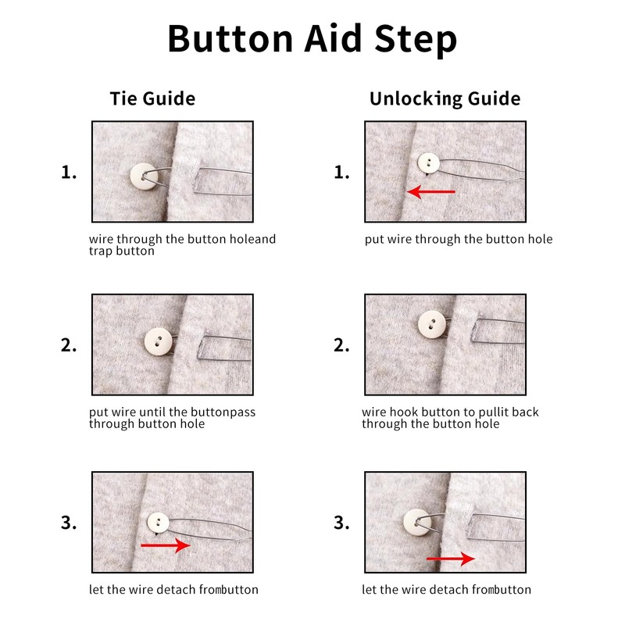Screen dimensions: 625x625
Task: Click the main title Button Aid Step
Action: click(x=312, y=39)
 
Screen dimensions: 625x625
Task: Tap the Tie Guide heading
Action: click(x=152, y=98)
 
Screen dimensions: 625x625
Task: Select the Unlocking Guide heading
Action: click(x=445, y=99)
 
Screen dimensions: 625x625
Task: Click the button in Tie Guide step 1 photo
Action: click(x=144, y=177)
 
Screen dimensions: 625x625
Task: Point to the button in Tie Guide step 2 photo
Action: click(x=159, y=341)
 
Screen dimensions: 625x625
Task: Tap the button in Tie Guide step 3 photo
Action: click(x=159, y=523)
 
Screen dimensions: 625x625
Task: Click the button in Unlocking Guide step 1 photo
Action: click(x=429, y=163)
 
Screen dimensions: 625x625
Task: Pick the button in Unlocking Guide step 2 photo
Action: click(x=432, y=324)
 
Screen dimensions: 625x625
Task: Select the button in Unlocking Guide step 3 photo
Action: click(x=417, y=523)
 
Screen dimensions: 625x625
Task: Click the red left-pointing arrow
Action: click(x=431, y=191)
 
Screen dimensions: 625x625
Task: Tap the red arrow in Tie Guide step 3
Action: click(x=166, y=545)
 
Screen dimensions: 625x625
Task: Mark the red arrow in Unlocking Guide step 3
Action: click(x=451, y=559)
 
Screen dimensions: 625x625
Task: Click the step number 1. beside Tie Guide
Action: click(x=69, y=172)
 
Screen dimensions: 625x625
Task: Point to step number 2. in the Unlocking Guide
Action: click(x=341, y=345)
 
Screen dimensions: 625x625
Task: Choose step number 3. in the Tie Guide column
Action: click(x=69, y=523)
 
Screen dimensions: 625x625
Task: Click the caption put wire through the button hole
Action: click(x=459, y=239)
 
